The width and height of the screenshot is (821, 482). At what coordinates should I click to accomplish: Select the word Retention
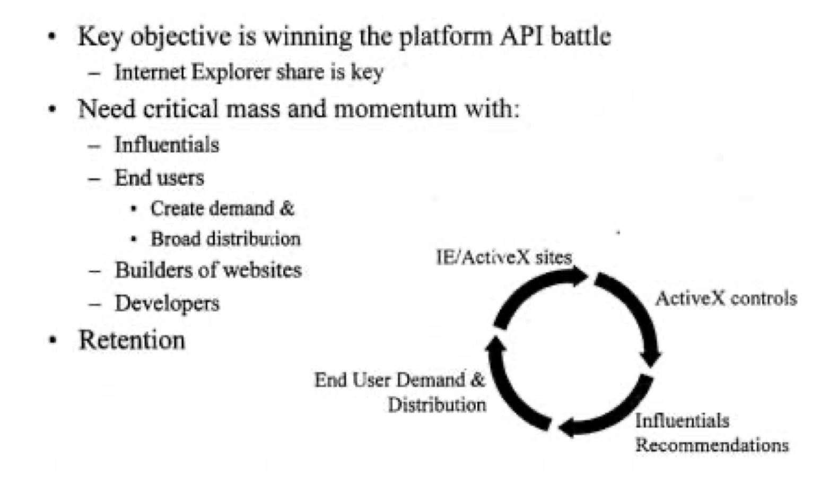pyautogui.click(x=132, y=340)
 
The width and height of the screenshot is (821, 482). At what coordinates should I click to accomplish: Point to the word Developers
pyautogui.click(x=167, y=304)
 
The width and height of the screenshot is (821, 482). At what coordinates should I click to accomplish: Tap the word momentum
pyautogui.click(x=395, y=109)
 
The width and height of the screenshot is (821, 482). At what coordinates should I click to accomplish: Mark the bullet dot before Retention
pyautogui.click(x=52, y=340)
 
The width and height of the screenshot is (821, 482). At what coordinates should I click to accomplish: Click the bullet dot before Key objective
pyautogui.click(x=52, y=37)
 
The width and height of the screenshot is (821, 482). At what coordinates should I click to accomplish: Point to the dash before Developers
pyautogui.click(x=95, y=304)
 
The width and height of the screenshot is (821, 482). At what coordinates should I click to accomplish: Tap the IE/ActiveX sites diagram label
pyautogui.click(x=504, y=257)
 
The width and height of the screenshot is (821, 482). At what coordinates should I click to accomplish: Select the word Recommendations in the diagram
pyautogui.click(x=712, y=445)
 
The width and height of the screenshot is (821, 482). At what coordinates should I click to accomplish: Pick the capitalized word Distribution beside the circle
pyautogui.click(x=436, y=405)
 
